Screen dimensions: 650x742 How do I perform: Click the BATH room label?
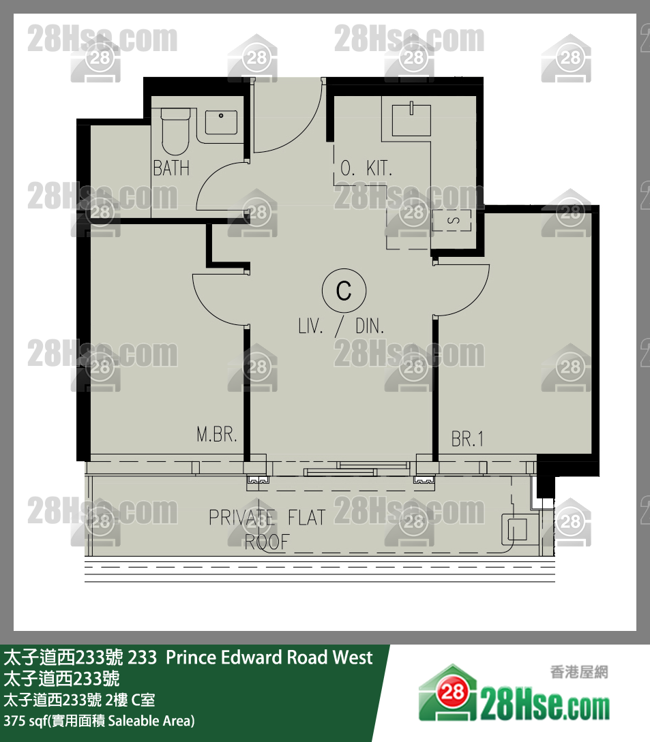coord(171,168)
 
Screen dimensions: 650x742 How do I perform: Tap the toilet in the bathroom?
coord(175,131)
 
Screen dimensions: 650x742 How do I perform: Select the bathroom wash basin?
coord(221,122)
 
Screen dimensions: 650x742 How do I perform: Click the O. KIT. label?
coord(366,168)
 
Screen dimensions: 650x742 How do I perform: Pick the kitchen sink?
coord(411,120)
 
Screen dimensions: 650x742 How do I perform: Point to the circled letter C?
coord(344,290)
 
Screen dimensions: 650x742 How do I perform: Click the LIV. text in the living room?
coord(311,326)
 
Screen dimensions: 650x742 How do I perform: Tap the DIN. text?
coord(370,326)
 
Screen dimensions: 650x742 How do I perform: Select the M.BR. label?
coord(216,434)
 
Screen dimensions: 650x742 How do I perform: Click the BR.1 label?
coord(467,439)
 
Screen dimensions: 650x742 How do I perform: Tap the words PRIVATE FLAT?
coord(267,517)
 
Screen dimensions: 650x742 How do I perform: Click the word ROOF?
coord(267,542)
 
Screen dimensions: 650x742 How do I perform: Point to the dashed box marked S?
coord(452,221)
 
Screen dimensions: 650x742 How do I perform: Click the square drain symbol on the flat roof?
coord(517,529)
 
